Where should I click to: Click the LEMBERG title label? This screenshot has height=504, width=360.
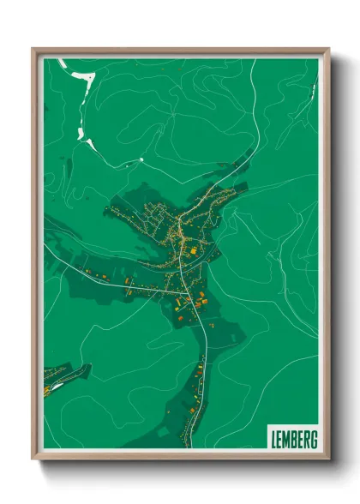click(x=292, y=437)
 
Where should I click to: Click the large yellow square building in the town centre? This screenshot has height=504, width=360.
click(x=193, y=249)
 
